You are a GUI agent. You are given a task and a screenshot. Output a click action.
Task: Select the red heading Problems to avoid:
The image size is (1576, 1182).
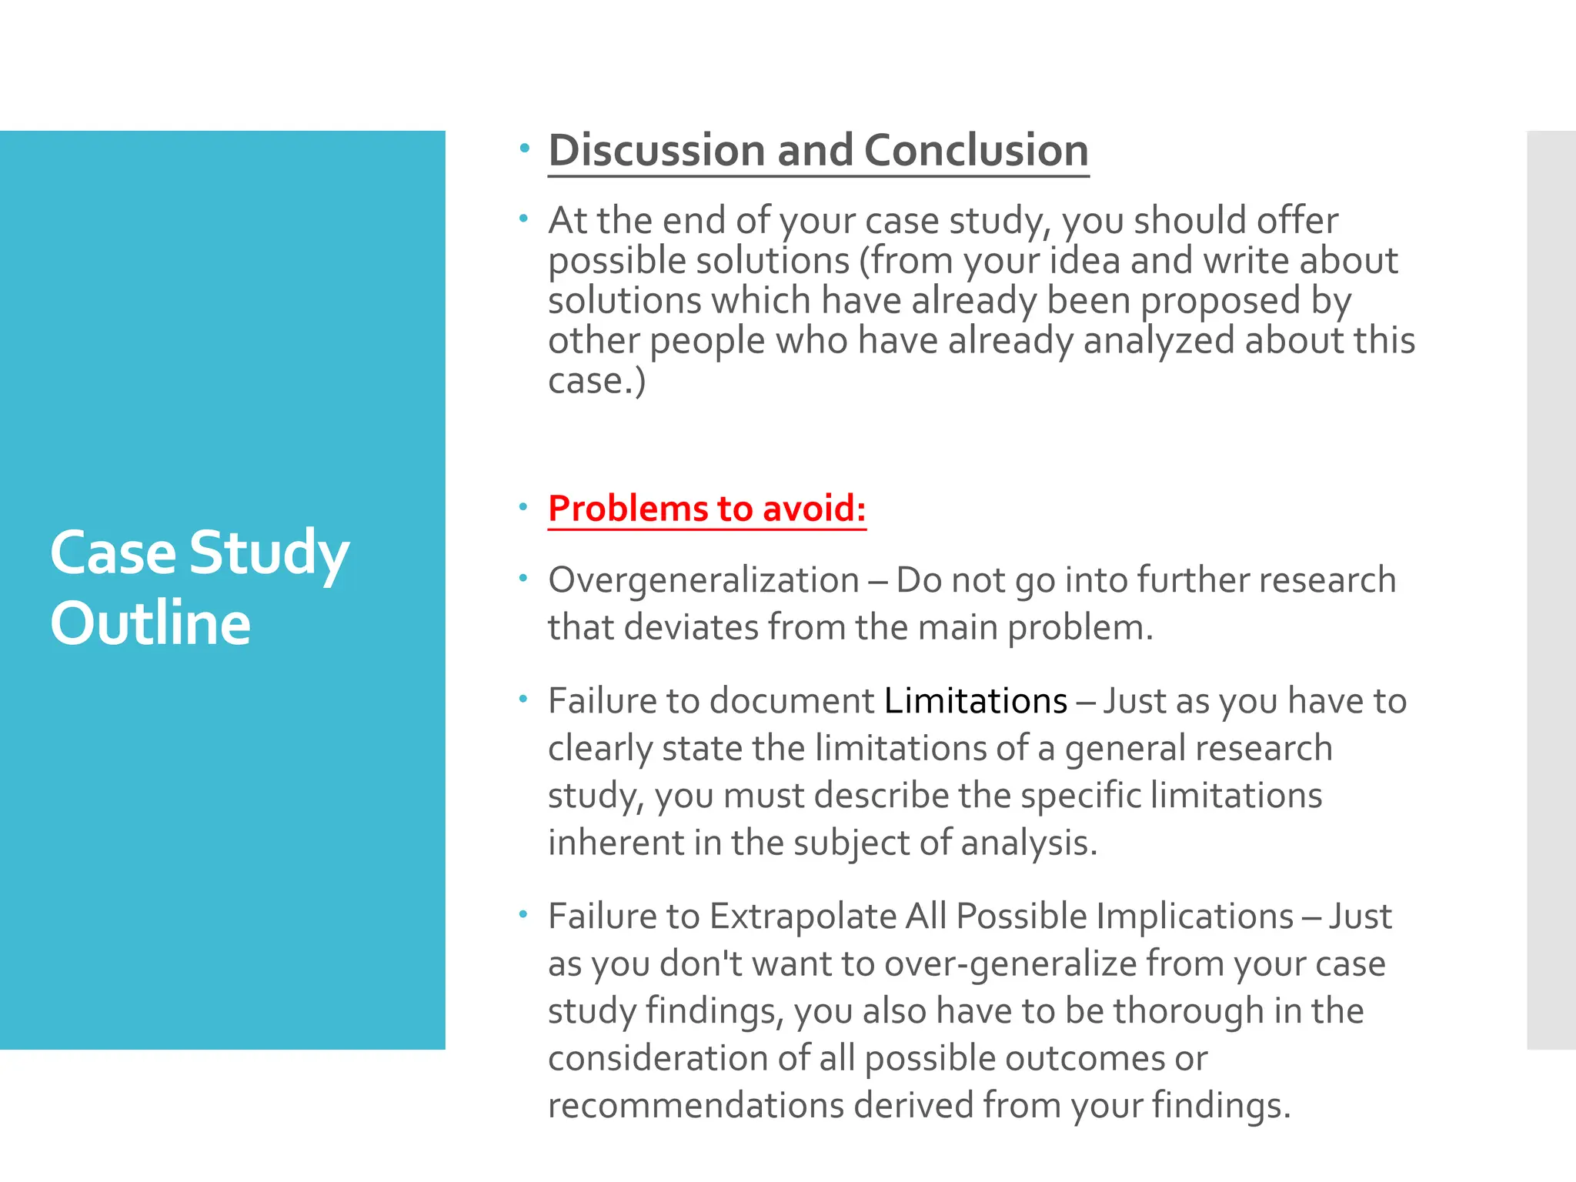pyautogui.click(x=706, y=509)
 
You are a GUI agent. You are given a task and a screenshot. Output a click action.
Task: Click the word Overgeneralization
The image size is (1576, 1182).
pyautogui.click(x=703, y=580)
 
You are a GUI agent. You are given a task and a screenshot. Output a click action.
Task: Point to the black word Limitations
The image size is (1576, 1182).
pyautogui.click(x=976, y=701)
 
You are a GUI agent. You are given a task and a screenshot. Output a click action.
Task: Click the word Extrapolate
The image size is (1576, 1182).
pyautogui.click(x=803, y=917)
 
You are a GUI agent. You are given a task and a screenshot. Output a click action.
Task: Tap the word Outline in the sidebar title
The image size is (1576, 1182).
pyautogui.click(x=151, y=623)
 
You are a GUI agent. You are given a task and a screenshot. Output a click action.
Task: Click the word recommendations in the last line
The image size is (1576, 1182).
pyautogui.click(x=696, y=1106)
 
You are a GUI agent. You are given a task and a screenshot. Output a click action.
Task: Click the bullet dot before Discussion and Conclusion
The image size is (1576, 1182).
pyautogui.click(x=524, y=148)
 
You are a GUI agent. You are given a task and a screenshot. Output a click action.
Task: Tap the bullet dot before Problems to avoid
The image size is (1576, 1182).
pyautogui.click(x=523, y=507)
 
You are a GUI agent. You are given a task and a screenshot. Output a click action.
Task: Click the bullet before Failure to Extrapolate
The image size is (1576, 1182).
pyautogui.click(x=523, y=915)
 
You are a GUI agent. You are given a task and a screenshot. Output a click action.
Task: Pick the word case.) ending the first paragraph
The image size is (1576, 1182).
pyautogui.click(x=596, y=381)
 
